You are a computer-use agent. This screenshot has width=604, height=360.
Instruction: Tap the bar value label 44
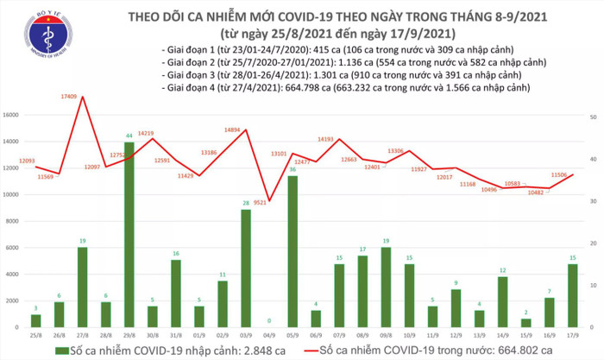pyautogui.click(x=129, y=136)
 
